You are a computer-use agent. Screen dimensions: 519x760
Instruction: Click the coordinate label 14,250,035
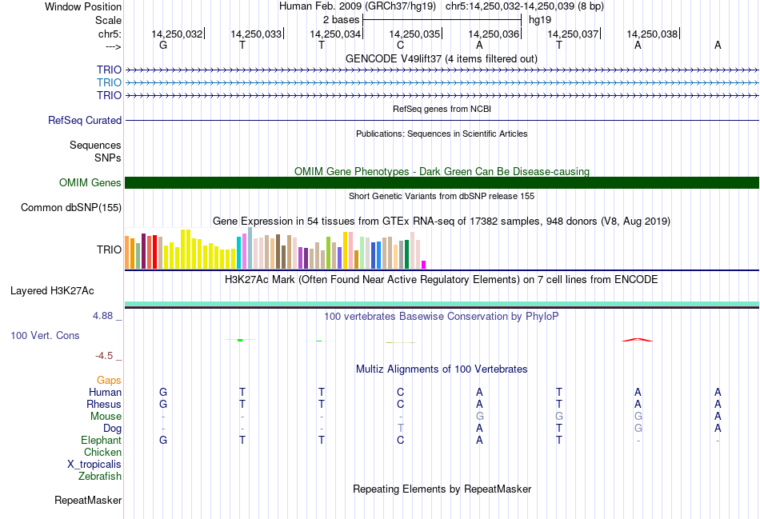tap(414, 34)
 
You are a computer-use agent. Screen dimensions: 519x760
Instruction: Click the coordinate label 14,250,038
tap(652, 34)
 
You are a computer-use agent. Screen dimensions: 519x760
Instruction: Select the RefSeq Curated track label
tap(85, 121)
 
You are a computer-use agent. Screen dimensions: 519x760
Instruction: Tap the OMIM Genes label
tap(90, 183)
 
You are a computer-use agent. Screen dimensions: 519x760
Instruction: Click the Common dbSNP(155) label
tap(71, 208)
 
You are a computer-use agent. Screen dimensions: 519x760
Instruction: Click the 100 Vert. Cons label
tap(45, 336)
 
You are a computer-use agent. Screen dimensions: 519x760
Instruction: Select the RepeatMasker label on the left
tap(88, 501)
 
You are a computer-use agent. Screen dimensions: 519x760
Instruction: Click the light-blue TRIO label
tap(109, 82)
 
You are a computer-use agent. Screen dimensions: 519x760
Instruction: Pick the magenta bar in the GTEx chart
tap(424, 264)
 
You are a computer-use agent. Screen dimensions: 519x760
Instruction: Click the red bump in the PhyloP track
tap(638, 340)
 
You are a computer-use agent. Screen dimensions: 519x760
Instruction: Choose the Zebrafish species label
tap(100, 477)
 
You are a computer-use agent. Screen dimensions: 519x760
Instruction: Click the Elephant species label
tap(101, 441)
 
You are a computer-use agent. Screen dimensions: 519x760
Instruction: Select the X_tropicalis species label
tap(94, 465)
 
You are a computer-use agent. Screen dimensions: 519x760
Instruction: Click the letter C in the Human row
tap(400, 393)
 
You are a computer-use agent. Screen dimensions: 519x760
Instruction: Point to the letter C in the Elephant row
tap(400, 441)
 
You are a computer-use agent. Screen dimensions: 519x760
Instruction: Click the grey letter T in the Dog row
tap(400, 429)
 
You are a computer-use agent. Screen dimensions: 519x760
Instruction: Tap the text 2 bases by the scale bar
tap(341, 18)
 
